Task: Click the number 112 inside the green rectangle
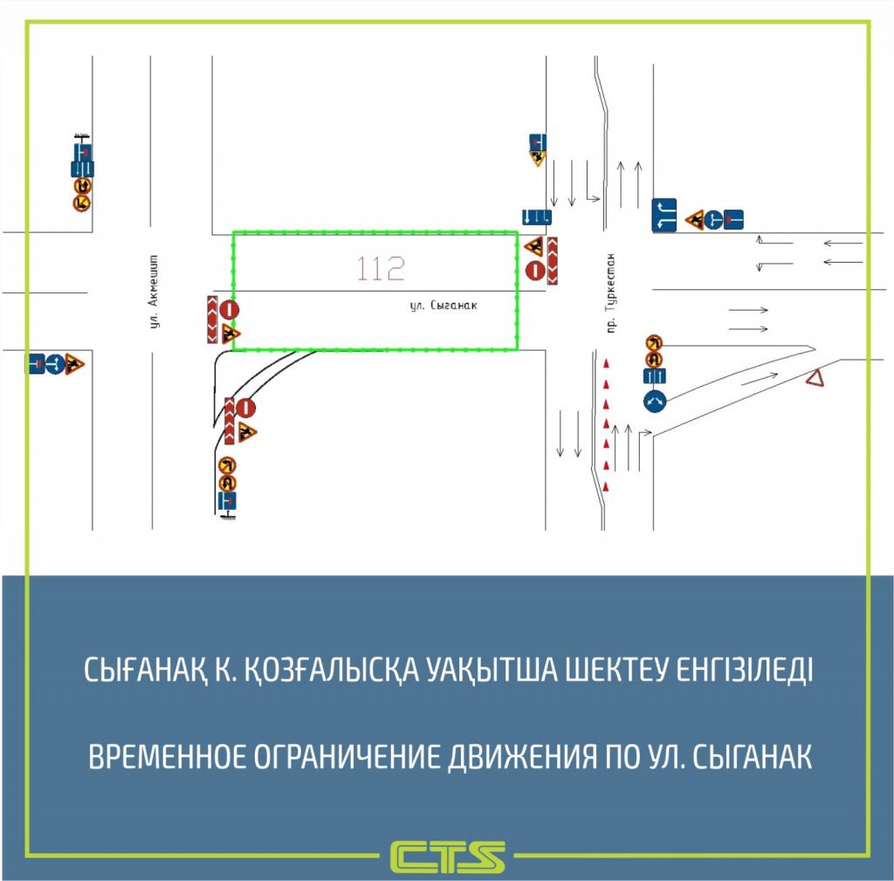tap(381, 270)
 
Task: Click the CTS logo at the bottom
tap(448, 857)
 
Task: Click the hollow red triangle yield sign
tap(815, 379)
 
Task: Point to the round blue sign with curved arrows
tap(656, 401)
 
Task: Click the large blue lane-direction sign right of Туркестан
tap(665, 216)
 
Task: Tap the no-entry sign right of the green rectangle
tap(534, 270)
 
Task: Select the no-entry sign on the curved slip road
tap(246, 408)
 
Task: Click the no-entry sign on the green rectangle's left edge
tap(229, 308)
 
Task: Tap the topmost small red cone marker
tap(606, 361)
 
